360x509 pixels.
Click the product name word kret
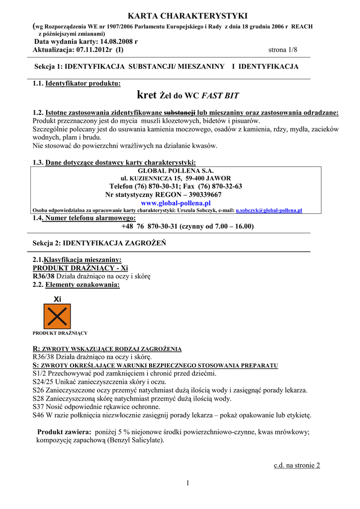point(147,94)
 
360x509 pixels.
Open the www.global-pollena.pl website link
point(176,203)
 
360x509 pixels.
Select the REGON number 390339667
point(202,195)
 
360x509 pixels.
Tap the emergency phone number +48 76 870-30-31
point(149,226)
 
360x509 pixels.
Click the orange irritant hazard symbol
point(57,316)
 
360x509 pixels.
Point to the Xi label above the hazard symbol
point(57,299)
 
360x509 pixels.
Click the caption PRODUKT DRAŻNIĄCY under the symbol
point(60,333)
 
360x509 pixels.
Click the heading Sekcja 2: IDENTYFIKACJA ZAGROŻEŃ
point(99,243)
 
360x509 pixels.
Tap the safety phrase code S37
point(39,407)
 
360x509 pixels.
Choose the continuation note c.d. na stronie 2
point(297,465)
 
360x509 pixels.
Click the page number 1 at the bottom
point(188,483)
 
